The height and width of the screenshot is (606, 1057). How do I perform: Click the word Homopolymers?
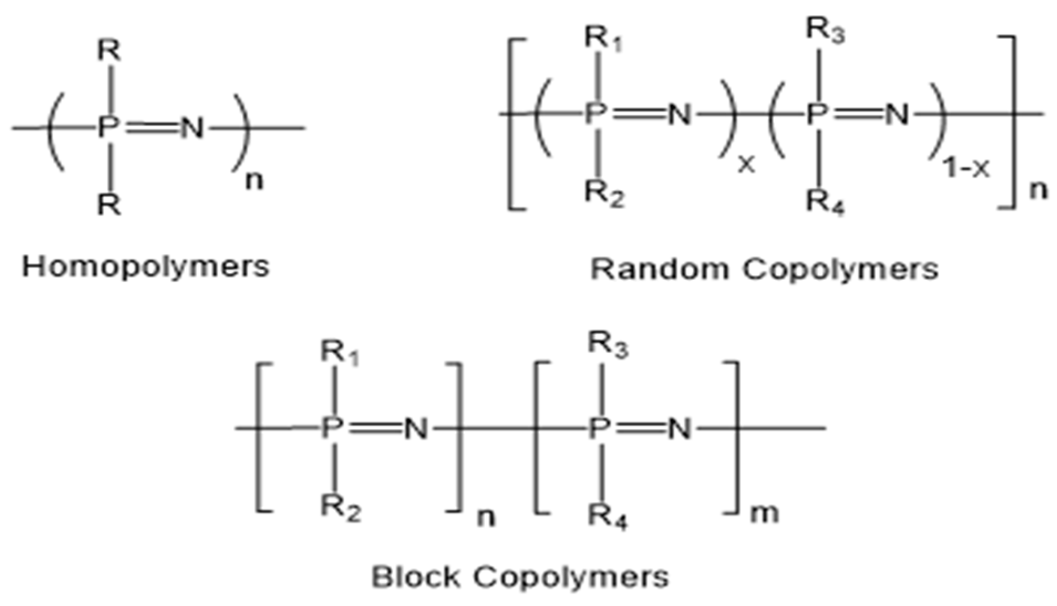coord(146,267)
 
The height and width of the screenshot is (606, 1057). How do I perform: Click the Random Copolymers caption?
coord(764,270)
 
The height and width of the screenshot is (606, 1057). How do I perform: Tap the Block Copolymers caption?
coord(520,577)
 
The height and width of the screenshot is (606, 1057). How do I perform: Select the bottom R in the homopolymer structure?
coord(109,206)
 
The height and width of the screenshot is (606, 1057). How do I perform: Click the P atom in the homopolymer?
coord(107,128)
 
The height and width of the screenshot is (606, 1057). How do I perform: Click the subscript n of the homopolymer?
coord(254,180)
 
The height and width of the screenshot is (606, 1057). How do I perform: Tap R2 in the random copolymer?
coord(604,194)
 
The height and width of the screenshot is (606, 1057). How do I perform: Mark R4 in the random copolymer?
coord(825,201)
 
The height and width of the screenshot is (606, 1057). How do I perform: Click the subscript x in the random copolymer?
coord(746,165)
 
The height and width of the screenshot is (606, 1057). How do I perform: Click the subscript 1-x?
coord(966,168)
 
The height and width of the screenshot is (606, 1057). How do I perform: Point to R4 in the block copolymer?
coord(607,517)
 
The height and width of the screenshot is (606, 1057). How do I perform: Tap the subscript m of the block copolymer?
coord(764,514)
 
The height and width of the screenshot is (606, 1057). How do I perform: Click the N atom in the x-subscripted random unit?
coord(680,115)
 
